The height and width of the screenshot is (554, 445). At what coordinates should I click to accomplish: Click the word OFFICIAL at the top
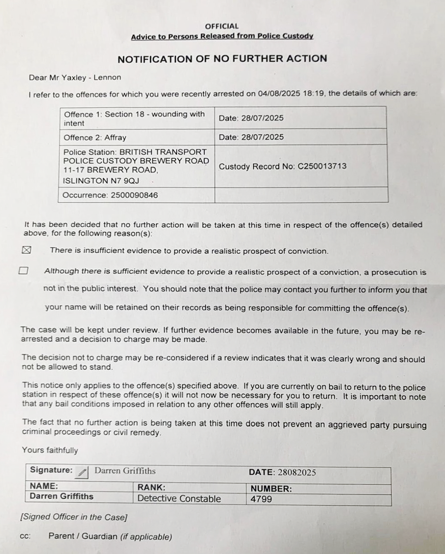click(x=222, y=26)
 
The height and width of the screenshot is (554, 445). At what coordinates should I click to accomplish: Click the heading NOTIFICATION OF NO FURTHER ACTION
click(x=222, y=59)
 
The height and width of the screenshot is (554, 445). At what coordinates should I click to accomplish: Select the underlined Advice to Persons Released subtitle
click(x=222, y=36)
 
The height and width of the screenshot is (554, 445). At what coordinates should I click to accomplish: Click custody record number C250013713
click(x=322, y=166)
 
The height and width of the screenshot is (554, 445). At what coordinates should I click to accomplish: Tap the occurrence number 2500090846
click(x=134, y=195)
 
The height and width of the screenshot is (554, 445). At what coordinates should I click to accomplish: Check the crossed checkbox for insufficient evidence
click(x=26, y=250)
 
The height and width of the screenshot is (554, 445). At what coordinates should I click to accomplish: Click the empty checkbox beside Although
click(x=24, y=271)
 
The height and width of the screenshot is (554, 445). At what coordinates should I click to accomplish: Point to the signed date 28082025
click(x=296, y=473)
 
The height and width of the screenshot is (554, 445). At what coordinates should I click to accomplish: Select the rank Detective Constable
click(x=179, y=498)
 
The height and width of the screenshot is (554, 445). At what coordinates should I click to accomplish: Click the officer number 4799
click(x=261, y=499)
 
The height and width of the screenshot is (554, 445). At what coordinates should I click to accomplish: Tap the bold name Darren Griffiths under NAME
click(x=62, y=496)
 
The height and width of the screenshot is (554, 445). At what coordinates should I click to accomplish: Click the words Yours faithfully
click(x=50, y=450)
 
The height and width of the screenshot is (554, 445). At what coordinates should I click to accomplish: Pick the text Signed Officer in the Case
click(x=74, y=517)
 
